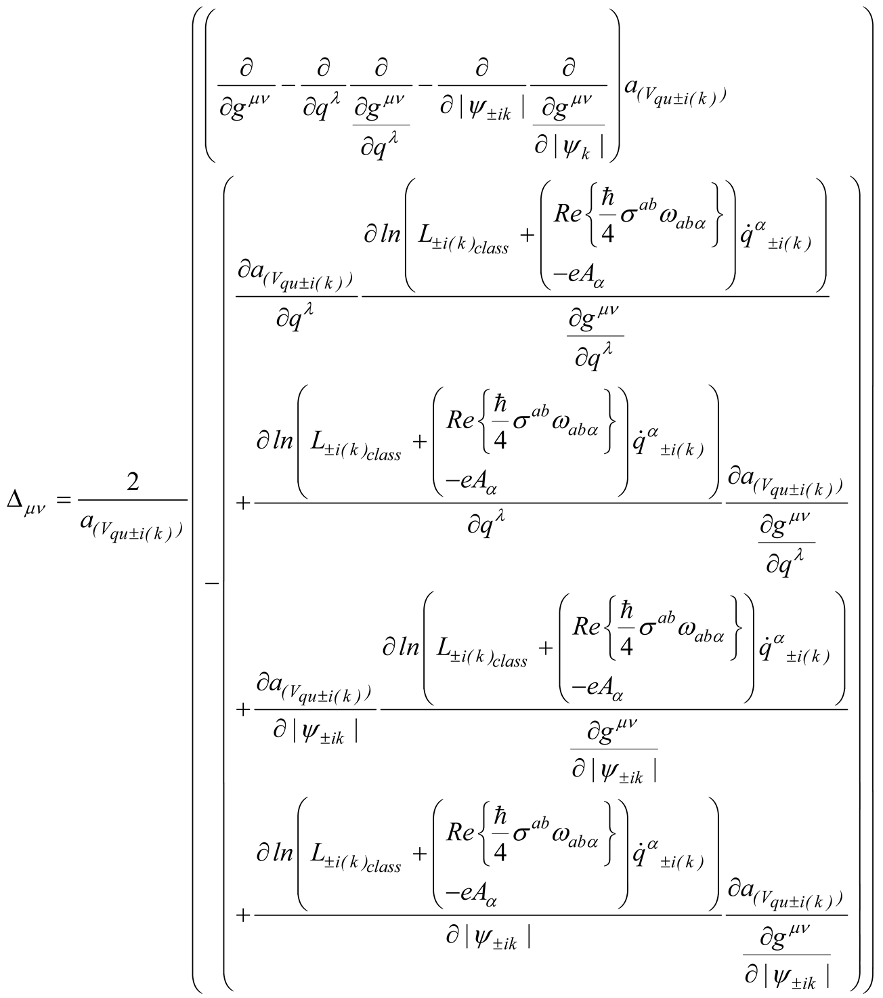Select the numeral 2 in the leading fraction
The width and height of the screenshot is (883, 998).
point(133,482)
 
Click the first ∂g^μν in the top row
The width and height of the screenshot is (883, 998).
point(245,106)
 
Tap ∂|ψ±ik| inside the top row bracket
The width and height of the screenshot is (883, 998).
point(482,106)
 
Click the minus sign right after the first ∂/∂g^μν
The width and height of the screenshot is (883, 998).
point(288,86)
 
